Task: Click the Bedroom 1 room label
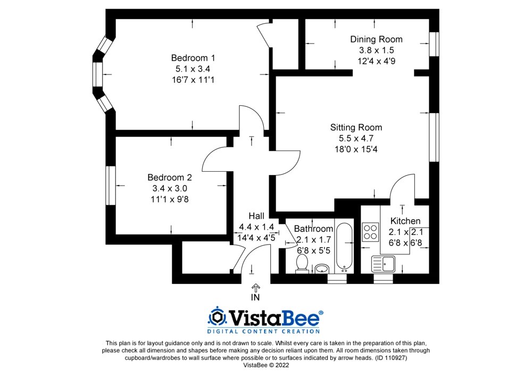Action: pos(193,57)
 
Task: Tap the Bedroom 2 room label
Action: pos(169,178)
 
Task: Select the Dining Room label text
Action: pos(376,39)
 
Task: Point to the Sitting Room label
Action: pos(356,128)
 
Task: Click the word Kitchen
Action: pos(405,221)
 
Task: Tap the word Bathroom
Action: pos(313,229)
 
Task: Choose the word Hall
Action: pos(256,216)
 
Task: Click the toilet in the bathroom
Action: pos(302,263)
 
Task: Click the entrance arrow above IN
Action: pos(255,287)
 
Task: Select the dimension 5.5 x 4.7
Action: pos(356,138)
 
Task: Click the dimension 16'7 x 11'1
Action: pos(193,80)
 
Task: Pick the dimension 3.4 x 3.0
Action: pos(169,188)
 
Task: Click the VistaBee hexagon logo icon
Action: pos(217,317)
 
